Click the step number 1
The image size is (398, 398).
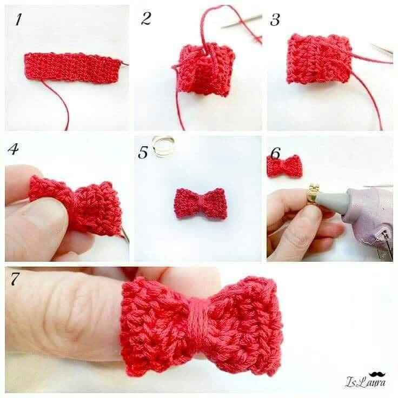pyautogui.click(x=18, y=20)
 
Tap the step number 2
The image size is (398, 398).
pyautogui.click(x=146, y=18)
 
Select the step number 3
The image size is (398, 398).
pyautogui.click(x=275, y=20)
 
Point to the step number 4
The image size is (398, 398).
pyautogui.click(x=13, y=149)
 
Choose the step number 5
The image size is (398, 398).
pyautogui.click(x=143, y=152)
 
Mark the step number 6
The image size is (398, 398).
pyautogui.click(x=275, y=153)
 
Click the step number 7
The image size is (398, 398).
pyautogui.click(x=15, y=278)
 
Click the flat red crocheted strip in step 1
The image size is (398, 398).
pyautogui.click(x=72, y=68)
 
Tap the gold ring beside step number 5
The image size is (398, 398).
pyautogui.click(x=162, y=146)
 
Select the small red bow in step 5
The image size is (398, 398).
pyautogui.click(x=200, y=203)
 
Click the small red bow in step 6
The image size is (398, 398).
pyautogui.click(x=285, y=166)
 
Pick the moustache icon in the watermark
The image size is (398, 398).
pyautogui.click(x=377, y=374)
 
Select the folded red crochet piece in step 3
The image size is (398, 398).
pyautogui.click(x=319, y=59)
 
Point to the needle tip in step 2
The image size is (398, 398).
pyautogui.click(x=222, y=27)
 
